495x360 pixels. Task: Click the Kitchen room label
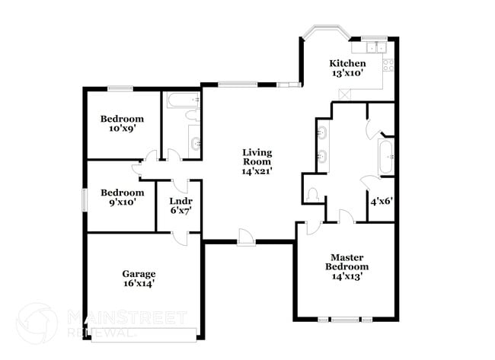[x=346, y=63]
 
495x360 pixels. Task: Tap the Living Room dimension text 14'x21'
[x=257, y=171]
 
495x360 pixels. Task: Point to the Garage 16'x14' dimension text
[x=139, y=283]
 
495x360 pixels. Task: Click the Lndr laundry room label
[x=180, y=201]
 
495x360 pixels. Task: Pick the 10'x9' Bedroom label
[x=122, y=119]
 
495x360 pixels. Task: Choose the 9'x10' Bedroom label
[x=122, y=193]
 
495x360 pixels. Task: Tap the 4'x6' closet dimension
[x=381, y=202]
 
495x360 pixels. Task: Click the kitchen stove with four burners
[x=388, y=65]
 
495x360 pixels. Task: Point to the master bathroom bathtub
[x=385, y=158]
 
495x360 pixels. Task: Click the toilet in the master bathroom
[x=311, y=195]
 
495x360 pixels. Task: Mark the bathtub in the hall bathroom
[x=182, y=99]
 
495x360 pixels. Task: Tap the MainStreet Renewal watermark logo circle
[x=36, y=323]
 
